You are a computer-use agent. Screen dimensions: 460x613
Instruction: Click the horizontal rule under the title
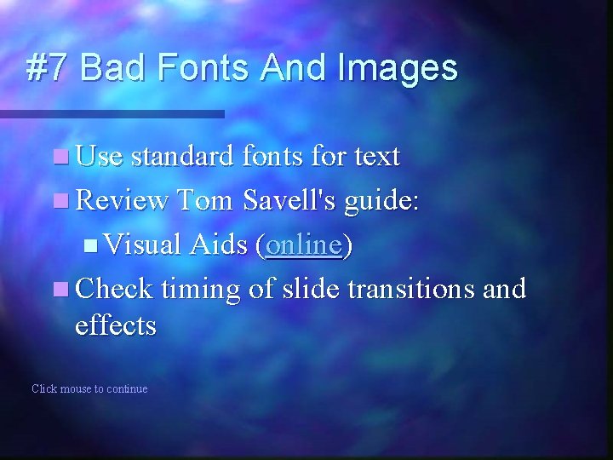pos(111,113)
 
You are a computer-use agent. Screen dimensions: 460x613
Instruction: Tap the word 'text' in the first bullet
pos(376,157)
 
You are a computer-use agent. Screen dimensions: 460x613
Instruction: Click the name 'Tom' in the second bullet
pos(206,201)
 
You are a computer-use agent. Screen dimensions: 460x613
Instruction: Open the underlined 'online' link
pos(303,245)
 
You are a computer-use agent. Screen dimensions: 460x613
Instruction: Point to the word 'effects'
pos(116,325)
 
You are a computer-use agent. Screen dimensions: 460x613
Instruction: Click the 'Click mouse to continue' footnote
pos(89,389)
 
